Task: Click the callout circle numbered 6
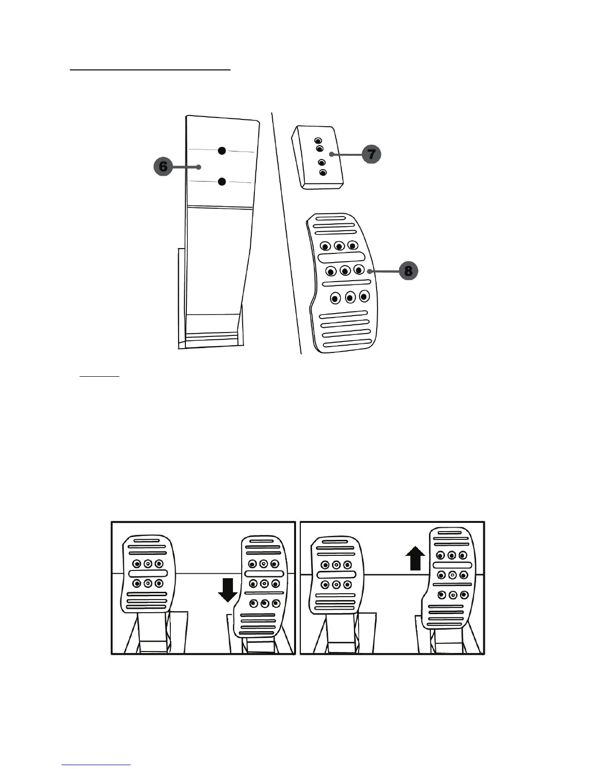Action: (x=164, y=167)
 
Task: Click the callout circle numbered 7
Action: (x=371, y=155)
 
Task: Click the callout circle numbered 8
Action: (x=408, y=271)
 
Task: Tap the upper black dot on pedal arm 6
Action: (x=222, y=150)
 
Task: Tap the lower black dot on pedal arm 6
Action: (x=222, y=182)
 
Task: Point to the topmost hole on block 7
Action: (x=317, y=141)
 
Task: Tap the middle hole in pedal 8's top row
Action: (x=340, y=247)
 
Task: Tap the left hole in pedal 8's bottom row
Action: (x=335, y=298)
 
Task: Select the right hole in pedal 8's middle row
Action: (x=359, y=269)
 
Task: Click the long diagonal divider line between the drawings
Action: (x=286, y=233)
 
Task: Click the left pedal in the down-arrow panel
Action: (x=148, y=573)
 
